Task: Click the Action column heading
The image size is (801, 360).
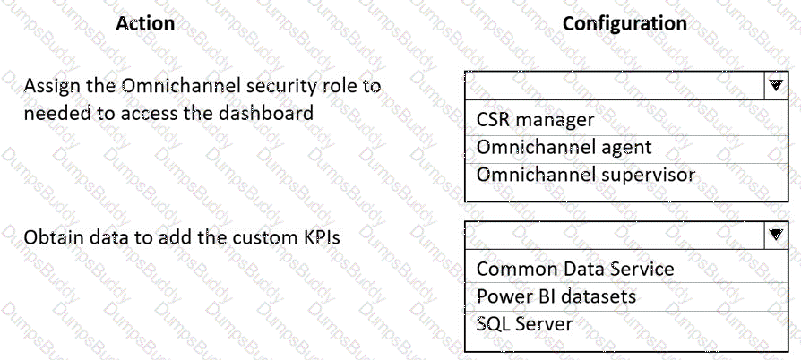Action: (x=145, y=23)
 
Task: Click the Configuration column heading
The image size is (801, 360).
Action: (x=624, y=23)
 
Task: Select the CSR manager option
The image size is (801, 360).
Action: (x=536, y=120)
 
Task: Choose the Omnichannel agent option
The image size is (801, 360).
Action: (x=564, y=148)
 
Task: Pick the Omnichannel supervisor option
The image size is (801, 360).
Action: (x=585, y=176)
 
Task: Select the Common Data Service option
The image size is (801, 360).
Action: (x=575, y=269)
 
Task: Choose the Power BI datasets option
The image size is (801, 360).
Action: (x=556, y=296)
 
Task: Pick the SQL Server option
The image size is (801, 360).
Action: (x=525, y=324)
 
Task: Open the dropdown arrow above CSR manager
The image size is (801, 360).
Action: (x=776, y=85)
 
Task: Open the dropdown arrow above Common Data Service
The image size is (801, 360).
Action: (x=776, y=235)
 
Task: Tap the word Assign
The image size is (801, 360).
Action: (x=49, y=87)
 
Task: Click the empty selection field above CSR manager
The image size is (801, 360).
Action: (x=615, y=85)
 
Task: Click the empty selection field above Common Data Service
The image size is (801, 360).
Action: (x=615, y=235)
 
